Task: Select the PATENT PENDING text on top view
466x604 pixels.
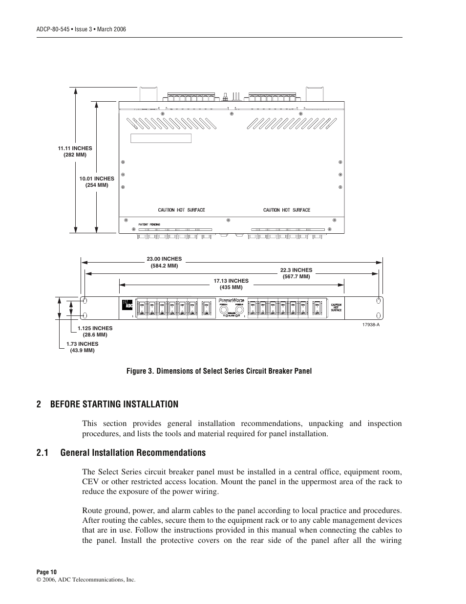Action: click(x=149, y=224)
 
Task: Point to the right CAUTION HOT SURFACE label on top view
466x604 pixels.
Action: click(x=287, y=210)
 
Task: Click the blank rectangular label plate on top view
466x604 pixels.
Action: click(x=161, y=138)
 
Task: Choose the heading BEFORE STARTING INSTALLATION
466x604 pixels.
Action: click(x=114, y=404)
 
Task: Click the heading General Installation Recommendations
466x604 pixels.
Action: click(x=133, y=452)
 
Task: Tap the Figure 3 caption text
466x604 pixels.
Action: click(x=219, y=371)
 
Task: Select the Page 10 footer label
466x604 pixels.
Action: click(x=47, y=572)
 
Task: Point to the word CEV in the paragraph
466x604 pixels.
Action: click(x=91, y=482)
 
